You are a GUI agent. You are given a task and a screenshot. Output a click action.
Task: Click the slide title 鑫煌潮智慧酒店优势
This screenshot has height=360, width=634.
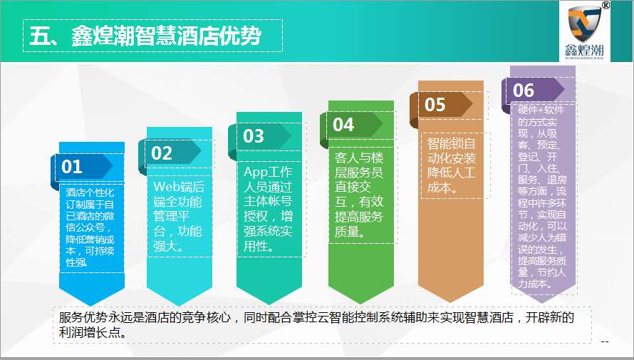(x=166, y=36)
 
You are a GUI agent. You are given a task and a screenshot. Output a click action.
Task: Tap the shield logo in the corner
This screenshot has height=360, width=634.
(x=584, y=24)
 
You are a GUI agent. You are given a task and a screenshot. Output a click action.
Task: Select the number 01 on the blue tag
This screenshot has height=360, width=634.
(x=72, y=167)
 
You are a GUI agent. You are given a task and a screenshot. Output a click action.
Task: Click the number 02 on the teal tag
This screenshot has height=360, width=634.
(x=162, y=153)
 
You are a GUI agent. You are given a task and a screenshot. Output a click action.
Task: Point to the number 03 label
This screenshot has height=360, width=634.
(x=254, y=136)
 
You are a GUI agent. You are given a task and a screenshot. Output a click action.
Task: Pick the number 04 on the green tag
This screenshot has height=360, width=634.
(x=343, y=125)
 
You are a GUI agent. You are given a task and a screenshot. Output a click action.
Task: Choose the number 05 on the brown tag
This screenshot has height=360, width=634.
(x=435, y=105)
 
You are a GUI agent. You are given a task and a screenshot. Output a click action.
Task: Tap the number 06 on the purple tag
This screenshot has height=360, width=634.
(x=524, y=91)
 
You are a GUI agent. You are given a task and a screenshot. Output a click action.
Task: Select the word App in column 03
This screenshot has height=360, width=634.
(x=255, y=172)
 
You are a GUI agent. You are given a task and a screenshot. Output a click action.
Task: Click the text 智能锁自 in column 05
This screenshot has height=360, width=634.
(x=451, y=143)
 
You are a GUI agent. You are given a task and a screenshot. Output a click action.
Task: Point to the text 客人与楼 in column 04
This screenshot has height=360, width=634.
(x=359, y=158)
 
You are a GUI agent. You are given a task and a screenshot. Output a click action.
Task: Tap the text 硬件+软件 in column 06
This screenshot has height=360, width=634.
(x=541, y=110)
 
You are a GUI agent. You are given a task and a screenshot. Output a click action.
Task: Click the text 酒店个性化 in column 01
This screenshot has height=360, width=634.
(x=90, y=192)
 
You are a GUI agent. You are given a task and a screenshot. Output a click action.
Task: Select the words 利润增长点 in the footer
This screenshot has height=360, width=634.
(x=89, y=332)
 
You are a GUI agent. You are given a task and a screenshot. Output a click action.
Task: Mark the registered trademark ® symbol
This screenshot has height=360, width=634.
(x=606, y=5)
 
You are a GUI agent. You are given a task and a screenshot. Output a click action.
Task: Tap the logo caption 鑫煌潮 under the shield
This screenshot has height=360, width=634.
(x=584, y=50)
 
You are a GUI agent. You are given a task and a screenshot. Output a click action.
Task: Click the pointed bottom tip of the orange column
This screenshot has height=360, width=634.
(x=451, y=302)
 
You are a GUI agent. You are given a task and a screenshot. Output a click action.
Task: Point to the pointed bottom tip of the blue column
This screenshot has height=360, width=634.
(x=92, y=305)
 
